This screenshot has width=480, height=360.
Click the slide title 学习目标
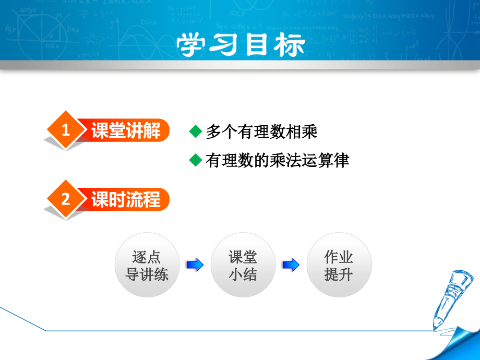241,45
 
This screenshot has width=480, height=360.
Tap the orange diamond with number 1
65,130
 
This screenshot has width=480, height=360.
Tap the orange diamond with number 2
65,199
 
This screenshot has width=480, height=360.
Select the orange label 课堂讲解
126,130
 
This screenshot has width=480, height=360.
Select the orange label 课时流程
126,199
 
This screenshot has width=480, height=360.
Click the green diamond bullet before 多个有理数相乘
195,131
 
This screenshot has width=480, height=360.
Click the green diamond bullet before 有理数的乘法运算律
195,160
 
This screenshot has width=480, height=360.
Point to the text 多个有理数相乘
261,131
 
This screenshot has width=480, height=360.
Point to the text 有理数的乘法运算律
277,160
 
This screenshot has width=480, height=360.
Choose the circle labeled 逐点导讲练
147,265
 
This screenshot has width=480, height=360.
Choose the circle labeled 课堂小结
243,265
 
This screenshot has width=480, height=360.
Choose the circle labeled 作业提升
339,265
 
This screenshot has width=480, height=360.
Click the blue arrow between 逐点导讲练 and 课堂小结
195,265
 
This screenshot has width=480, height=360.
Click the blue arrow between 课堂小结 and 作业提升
291,265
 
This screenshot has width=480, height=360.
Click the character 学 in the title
193,45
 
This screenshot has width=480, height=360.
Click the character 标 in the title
289,45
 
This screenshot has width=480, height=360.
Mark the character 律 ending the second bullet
341,160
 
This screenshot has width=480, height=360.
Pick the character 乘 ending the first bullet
309,131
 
